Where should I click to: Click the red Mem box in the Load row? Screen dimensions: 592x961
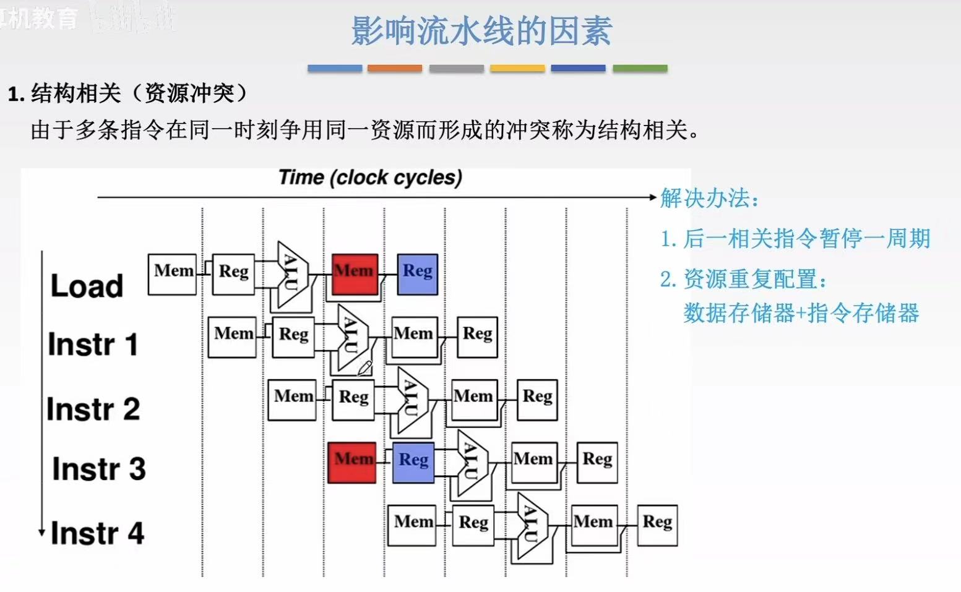click(x=355, y=273)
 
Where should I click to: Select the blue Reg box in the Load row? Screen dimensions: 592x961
click(x=417, y=273)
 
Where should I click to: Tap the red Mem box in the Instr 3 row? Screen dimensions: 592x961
click(x=351, y=462)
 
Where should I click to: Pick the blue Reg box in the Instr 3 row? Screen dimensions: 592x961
click(x=413, y=462)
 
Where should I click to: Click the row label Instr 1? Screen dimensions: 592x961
click(x=93, y=345)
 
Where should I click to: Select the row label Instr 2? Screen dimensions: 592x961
click(x=93, y=409)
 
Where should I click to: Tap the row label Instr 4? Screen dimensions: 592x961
click(x=97, y=533)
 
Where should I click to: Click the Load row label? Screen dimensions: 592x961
click(x=87, y=286)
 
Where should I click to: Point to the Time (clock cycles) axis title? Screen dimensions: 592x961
click(x=370, y=178)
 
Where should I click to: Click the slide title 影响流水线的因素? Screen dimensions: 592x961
click(x=481, y=31)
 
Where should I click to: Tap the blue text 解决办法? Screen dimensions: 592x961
click(x=709, y=198)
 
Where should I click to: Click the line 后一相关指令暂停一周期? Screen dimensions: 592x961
click(x=795, y=239)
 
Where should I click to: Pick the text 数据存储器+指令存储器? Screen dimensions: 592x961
click(x=801, y=313)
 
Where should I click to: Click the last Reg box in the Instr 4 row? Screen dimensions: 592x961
click(x=657, y=525)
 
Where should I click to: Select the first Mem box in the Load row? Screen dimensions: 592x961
click(x=172, y=273)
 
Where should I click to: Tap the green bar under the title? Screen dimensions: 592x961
click(x=640, y=68)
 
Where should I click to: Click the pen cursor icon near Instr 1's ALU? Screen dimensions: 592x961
click(x=364, y=368)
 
